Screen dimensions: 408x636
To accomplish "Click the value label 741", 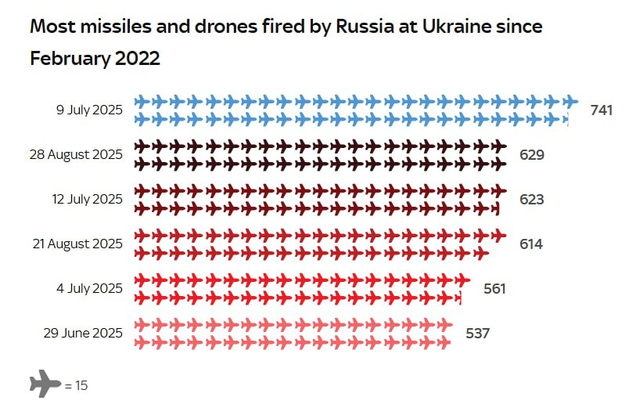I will (x=601, y=110).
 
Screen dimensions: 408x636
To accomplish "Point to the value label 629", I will (x=531, y=155).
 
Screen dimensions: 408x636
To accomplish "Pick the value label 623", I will (x=531, y=200).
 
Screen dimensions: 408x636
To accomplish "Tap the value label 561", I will (x=494, y=289).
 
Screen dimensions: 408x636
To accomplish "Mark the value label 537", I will (x=477, y=334).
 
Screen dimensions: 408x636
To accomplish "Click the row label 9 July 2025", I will (x=89, y=110).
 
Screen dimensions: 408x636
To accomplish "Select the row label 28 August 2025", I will (x=76, y=154).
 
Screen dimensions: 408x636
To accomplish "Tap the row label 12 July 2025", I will (x=87, y=199).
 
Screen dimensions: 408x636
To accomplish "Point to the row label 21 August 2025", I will (x=77, y=244).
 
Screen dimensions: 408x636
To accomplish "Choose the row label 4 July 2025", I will (x=89, y=288).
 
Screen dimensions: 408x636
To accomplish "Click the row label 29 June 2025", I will (x=83, y=333).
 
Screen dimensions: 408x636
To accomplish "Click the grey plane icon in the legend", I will (x=45, y=385).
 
